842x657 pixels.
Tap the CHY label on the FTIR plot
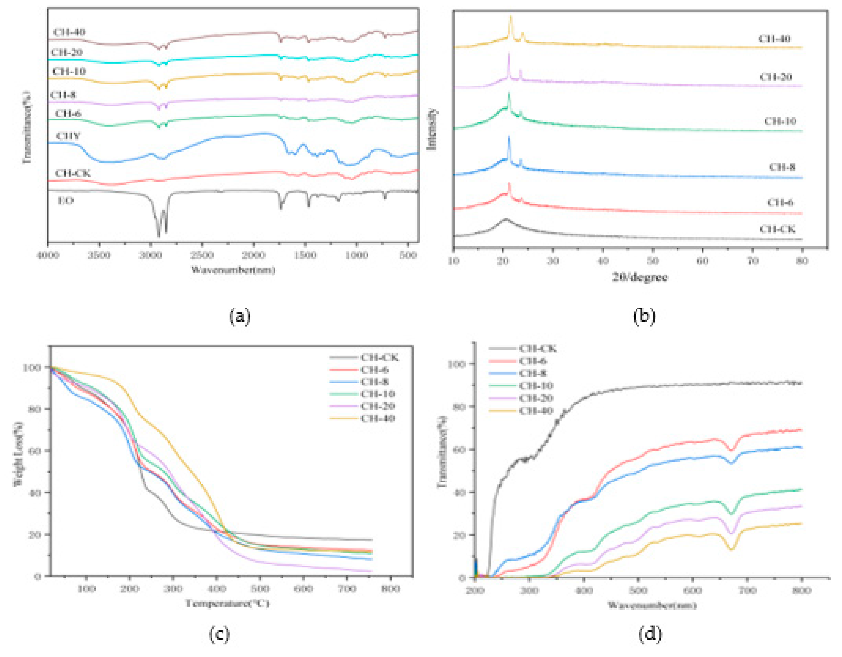tap(68, 136)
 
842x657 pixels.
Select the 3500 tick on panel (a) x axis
tap(99, 256)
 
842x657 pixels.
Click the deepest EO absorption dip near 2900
tap(158, 236)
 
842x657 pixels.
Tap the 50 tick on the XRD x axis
tap(652, 261)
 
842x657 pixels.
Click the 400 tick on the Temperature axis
tap(216, 589)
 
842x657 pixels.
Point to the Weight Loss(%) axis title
tap(18, 453)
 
